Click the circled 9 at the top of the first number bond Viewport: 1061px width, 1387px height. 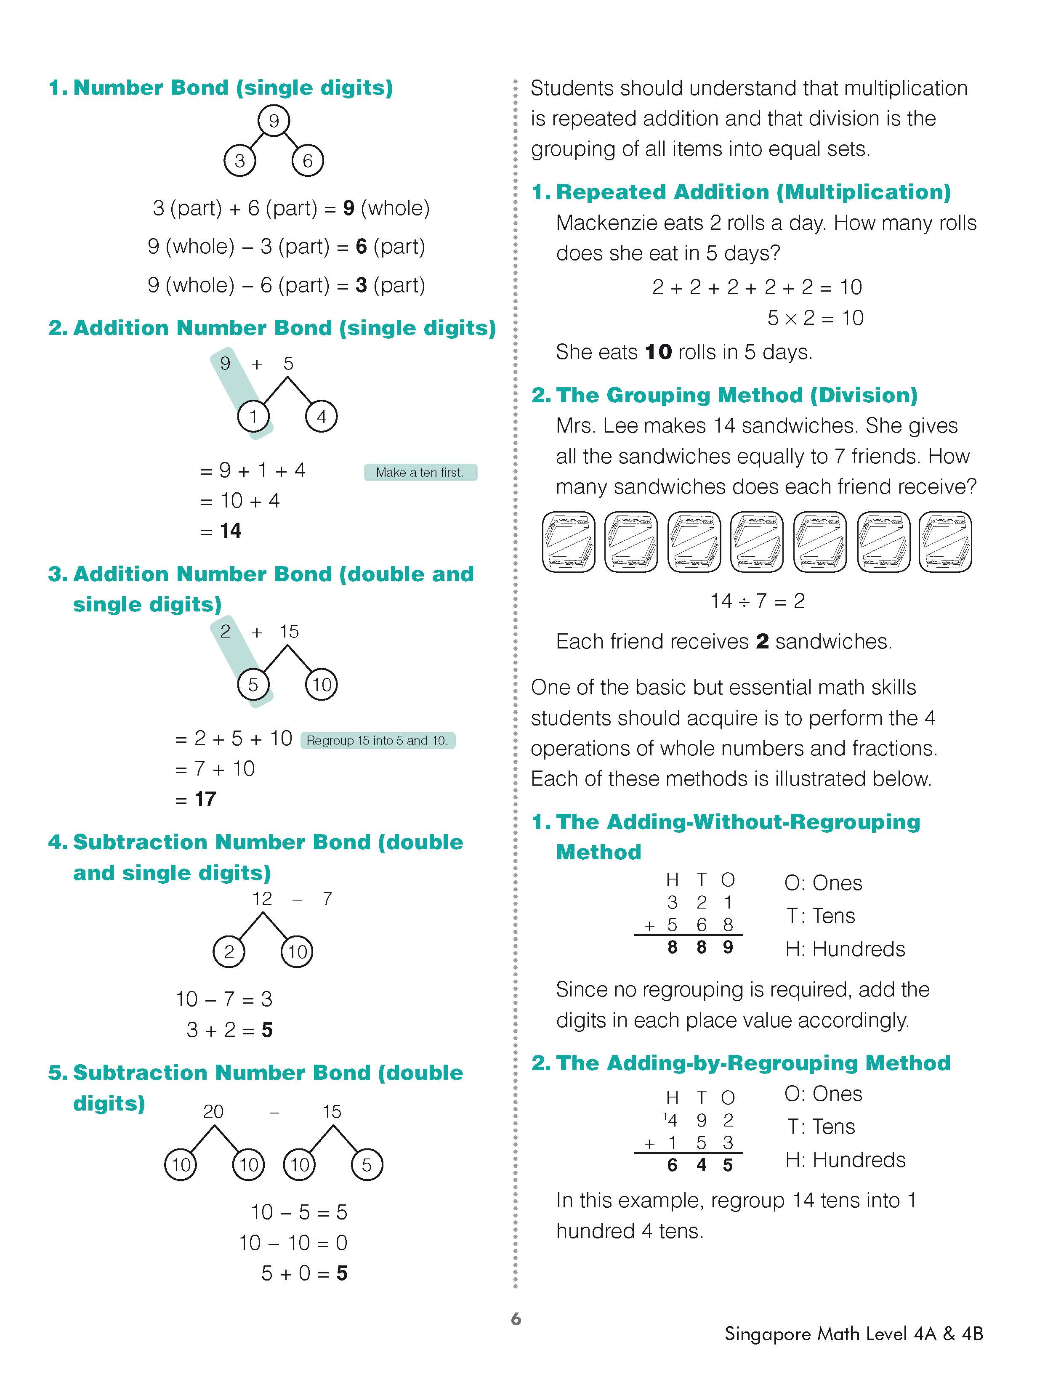(274, 121)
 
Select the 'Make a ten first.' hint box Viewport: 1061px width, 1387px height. (420, 472)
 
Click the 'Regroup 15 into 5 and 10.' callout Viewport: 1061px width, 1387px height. (378, 741)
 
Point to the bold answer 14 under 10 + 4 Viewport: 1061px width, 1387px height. (231, 531)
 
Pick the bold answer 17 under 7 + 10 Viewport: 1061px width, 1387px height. (205, 799)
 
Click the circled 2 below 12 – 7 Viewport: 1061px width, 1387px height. (229, 951)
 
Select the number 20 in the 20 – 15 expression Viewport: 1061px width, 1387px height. (213, 1112)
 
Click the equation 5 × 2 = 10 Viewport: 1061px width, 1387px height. (815, 318)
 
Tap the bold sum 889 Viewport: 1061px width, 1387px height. (700, 947)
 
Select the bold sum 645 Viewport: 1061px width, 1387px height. (700, 1165)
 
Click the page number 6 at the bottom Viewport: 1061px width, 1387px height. (516, 1319)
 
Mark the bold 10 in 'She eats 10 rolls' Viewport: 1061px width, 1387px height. (658, 352)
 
